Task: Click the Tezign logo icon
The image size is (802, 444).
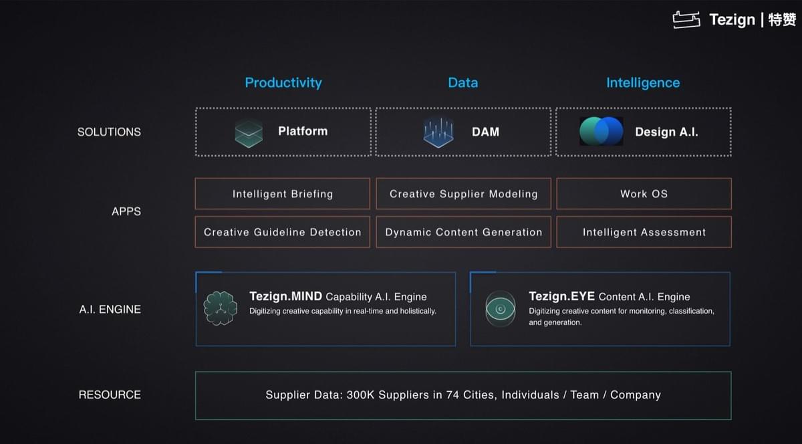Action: (686, 19)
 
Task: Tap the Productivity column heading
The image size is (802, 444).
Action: (283, 83)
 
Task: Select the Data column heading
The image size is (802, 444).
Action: (463, 83)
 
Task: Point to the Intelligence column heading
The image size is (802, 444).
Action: (643, 83)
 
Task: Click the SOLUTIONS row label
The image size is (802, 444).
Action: (109, 132)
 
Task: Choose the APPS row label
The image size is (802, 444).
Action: (126, 211)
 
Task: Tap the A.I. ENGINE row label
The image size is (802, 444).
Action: (110, 309)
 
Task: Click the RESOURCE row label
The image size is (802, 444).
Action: (110, 395)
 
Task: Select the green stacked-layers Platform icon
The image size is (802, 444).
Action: (249, 132)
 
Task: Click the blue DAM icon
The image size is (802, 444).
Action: (438, 132)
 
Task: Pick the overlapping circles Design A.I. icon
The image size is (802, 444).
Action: (601, 131)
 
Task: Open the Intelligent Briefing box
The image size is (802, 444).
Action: (283, 193)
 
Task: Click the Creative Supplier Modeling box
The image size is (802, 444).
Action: (464, 193)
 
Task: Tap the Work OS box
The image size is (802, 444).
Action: (644, 193)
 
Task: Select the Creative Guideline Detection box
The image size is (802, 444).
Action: (283, 232)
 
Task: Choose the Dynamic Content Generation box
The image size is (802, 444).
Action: (464, 232)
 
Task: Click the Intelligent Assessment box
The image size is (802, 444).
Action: (644, 232)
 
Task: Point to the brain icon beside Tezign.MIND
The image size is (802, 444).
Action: (220, 308)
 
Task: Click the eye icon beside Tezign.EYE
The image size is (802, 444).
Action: (501, 308)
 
